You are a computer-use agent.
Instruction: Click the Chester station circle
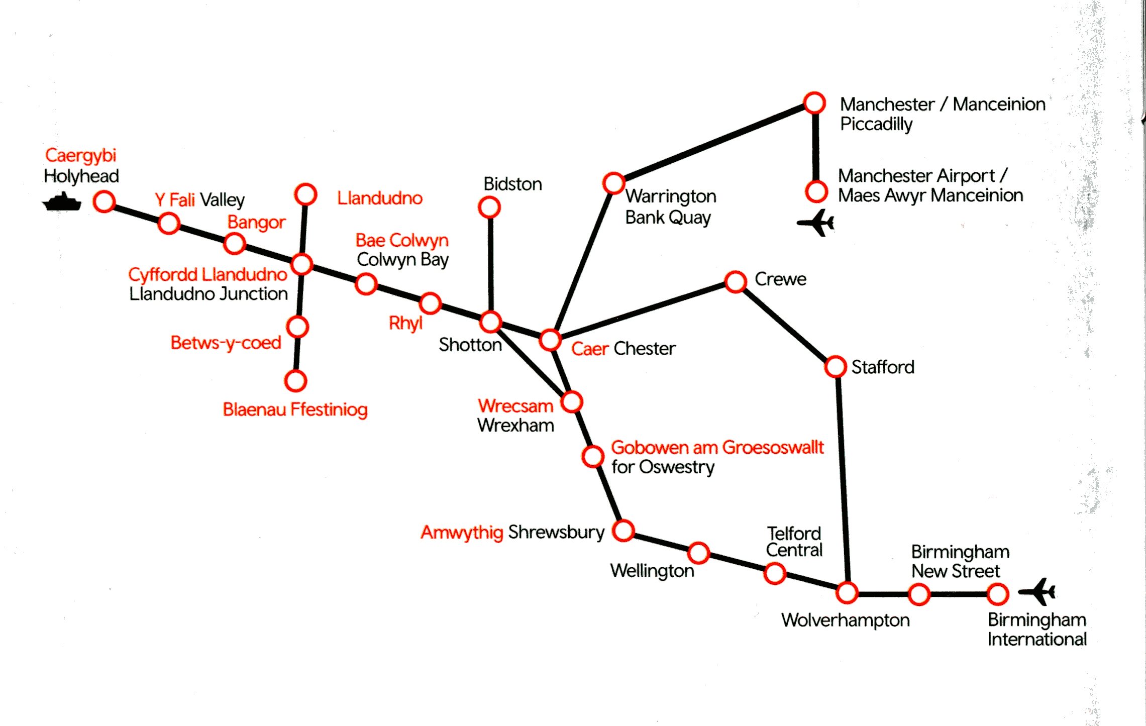[550, 340]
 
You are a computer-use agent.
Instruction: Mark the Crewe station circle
[736, 282]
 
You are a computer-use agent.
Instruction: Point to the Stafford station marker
[836, 367]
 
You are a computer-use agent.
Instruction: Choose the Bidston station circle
[489, 208]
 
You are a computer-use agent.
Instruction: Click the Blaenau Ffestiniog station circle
[295, 381]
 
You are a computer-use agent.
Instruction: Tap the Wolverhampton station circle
[847, 593]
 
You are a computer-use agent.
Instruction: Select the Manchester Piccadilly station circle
[814, 103]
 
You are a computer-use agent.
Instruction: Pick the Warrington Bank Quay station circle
[613, 183]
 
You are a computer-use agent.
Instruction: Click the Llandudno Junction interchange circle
[302, 264]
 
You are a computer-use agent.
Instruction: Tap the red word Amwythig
[462, 532]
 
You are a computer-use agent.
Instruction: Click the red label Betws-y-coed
[226, 343]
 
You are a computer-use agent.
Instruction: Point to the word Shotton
[470, 345]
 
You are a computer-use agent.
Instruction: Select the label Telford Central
[794, 542]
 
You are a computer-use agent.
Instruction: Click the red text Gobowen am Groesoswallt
[717, 447]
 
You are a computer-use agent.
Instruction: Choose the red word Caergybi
[80, 155]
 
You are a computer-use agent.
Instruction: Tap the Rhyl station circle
[430, 303]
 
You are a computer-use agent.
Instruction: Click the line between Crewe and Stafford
[785, 324]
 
